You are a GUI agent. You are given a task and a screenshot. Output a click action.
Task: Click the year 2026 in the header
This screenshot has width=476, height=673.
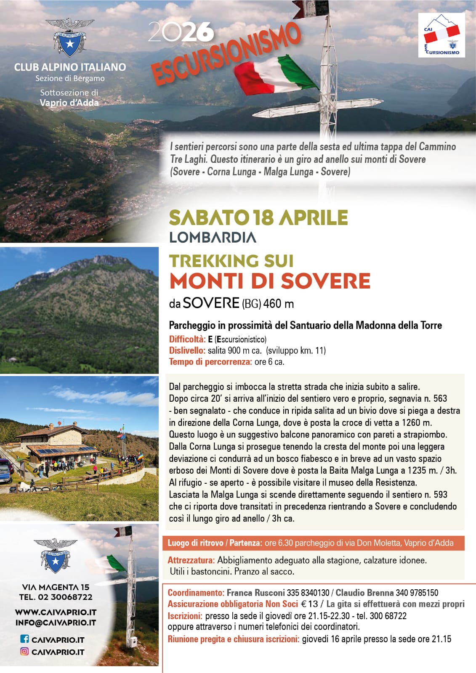pyautogui.click(x=181, y=32)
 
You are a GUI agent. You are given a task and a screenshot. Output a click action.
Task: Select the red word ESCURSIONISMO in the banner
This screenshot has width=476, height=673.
pyautogui.click(x=226, y=53)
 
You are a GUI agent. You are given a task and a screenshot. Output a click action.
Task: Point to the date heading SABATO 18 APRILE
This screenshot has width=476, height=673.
pyautogui.click(x=258, y=218)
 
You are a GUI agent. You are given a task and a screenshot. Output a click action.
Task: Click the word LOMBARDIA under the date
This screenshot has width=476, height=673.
pyautogui.click(x=213, y=238)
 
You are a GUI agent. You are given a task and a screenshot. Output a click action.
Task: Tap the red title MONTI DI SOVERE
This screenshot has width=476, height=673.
pyautogui.click(x=270, y=281)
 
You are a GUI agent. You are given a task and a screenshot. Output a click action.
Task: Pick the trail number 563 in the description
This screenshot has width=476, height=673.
pyautogui.click(x=440, y=399)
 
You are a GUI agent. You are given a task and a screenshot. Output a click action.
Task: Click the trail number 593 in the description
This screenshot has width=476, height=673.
pyautogui.click(x=440, y=495)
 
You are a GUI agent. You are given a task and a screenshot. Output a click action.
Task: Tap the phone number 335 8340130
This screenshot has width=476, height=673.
pyautogui.click(x=308, y=593)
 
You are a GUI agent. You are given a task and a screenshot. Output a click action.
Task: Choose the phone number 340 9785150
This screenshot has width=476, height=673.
pyautogui.click(x=417, y=593)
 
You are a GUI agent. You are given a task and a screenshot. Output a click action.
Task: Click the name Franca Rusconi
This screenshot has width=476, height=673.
pyautogui.click(x=255, y=593)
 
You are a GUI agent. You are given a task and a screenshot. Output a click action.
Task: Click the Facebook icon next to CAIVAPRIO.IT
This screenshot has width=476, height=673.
pyautogui.click(x=25, y=639)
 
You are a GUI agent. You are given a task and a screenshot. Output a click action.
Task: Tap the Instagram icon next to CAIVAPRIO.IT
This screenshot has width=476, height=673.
pyautogui.click(x=25, y=652)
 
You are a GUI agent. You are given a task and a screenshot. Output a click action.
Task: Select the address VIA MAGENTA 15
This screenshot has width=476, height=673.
pyautogui.click(x=56, y=587)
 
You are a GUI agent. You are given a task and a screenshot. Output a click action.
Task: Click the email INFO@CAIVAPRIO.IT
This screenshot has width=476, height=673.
pyautogui.click(x=56, y=623)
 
